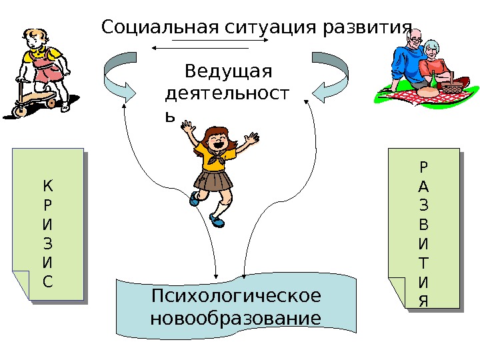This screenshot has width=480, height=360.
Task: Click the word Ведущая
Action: [x=229, y=71]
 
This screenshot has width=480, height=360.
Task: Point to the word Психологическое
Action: [x=236, y=295]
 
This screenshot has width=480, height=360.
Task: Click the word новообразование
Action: [x=235, y=317]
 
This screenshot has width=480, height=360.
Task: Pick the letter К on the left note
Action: [x=47, y=184]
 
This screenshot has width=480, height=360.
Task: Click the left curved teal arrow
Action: [x=123, y=77]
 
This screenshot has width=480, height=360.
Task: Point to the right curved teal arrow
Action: [x=329, y=77]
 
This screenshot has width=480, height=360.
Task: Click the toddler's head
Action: [x=37, y=40]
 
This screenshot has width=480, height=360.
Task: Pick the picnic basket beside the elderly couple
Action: [x=451, y=86]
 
